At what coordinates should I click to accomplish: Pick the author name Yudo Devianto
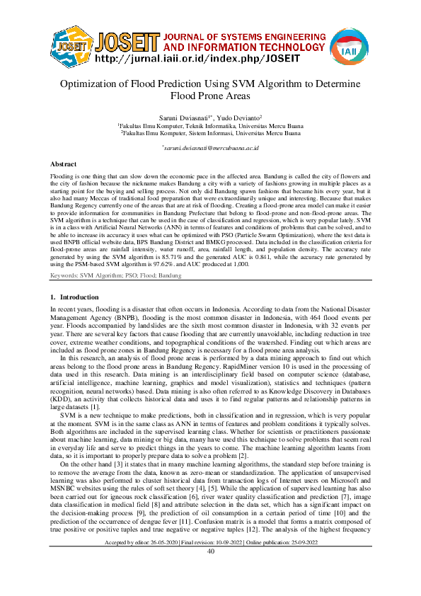(241, 117)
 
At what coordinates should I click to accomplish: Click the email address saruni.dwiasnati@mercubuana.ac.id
(211, 148)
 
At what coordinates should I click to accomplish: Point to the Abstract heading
(64, 163)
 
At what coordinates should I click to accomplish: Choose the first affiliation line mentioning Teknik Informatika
(210, 125)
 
